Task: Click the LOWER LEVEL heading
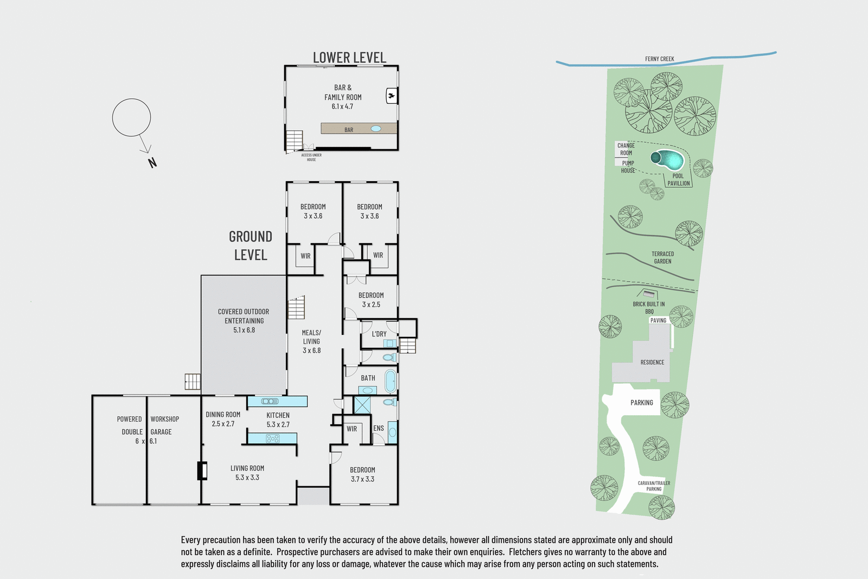click(349, 58)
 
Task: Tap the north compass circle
click(131, 117)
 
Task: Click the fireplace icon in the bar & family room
click(391, 96)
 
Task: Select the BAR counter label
click(349, 130)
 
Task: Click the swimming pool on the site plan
click(669, 159)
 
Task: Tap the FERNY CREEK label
click(659, 59)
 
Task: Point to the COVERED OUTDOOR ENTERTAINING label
click(244, 320)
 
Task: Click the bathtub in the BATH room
click(390, 381)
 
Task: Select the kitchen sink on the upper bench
click(270, 401)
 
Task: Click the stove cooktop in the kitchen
click(272, 438)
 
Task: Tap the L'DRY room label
click(379, 334)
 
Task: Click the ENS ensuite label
click(379, 428)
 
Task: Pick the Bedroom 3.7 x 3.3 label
click(362, 474)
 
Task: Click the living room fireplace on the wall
click(202, 470)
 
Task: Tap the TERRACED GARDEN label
click(662, 257)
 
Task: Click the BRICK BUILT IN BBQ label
click(648, 307)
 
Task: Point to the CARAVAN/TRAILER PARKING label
click(654, 486)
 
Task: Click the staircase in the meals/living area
click(296, 308)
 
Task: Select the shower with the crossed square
click(362, 405)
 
